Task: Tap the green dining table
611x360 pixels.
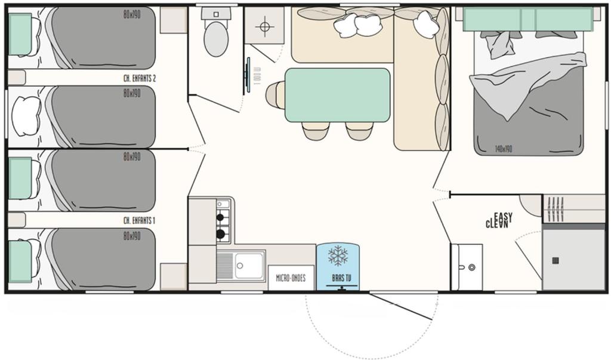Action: coord(337,95)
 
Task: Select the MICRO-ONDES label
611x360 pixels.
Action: coord(291,278)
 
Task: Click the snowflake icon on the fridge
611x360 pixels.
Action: coord(338,255)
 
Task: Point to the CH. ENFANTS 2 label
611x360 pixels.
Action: coord(139,78)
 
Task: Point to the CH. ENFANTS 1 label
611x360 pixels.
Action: coord(139,220)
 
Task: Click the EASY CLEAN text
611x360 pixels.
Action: coord(497,221)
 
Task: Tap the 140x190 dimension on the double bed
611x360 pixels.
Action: coord(503,149)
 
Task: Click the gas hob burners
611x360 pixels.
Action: coord(223,226)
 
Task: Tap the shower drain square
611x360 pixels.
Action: coord(556,260)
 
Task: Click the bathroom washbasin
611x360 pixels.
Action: coord(467,266)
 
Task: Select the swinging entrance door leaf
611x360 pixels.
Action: coord(401,306)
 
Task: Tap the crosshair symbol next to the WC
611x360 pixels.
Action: coord(264,27)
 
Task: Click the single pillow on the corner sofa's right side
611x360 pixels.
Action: coord(426,24)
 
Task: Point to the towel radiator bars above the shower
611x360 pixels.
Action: coord(556,208)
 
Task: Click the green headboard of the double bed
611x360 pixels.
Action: coord(528,19)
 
